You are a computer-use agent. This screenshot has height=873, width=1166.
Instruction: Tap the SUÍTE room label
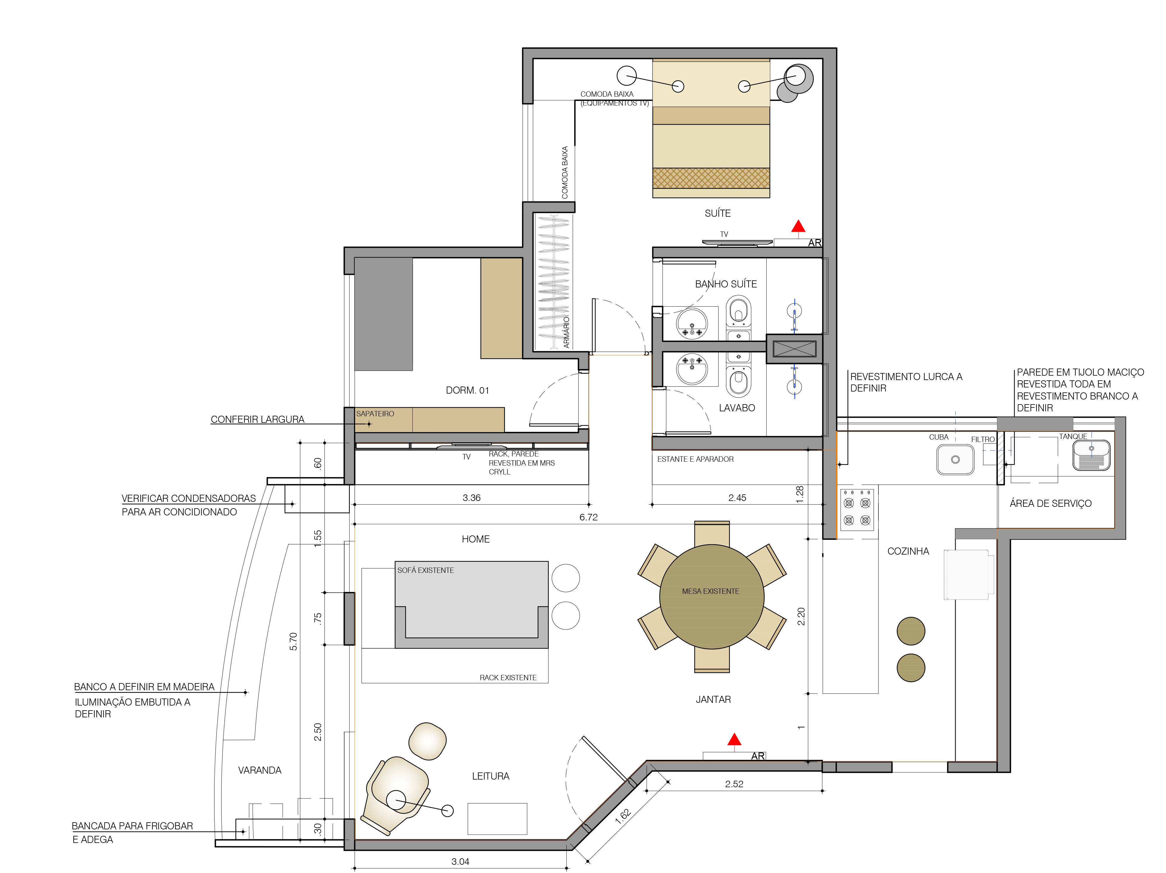click(x=717, y=213)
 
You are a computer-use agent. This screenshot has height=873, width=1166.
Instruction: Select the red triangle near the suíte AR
click(x=798, y=226)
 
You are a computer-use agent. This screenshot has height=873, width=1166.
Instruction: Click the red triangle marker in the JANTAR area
click(x=734, y=740)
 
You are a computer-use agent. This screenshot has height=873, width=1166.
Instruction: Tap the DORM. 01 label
click(x=467, y=390)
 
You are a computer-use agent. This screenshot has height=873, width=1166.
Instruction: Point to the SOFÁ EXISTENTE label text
click(x=425, y=570)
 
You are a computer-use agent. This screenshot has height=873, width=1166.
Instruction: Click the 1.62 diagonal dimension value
click(x=623, y=816)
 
